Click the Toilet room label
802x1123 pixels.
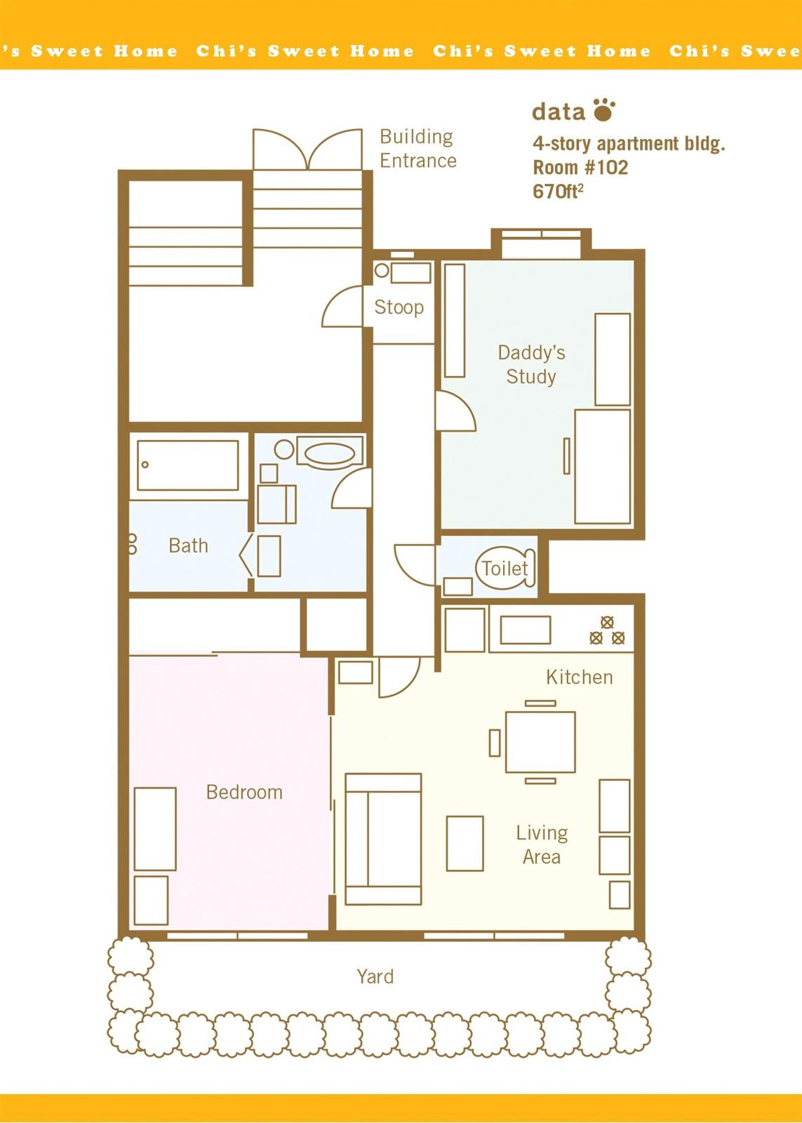(x=504, y=569)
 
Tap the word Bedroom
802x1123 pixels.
(x=244, y=792)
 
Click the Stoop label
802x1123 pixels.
(x=399, y=307)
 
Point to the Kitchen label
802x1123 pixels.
(x=580, y=677)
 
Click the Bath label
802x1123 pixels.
(x=189, y=545)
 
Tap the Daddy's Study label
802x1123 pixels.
(x=531, y=364)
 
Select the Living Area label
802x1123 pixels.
(x=542, y=845)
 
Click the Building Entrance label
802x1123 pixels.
(x=418, y=148)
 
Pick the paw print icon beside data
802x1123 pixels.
(x=604, y=109)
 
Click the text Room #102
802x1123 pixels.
(x=580, y=168)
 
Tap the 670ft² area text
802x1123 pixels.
(x=558, y=192)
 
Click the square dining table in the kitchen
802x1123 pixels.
(x=540, y=742)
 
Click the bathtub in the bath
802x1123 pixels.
(x=188, y=465)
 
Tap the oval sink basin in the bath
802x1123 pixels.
(x=329, y=454)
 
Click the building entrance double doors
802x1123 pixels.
(x=307, y=149)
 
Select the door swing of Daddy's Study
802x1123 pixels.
(x=455, y=411)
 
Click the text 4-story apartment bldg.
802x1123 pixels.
(x=629, y=144)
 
